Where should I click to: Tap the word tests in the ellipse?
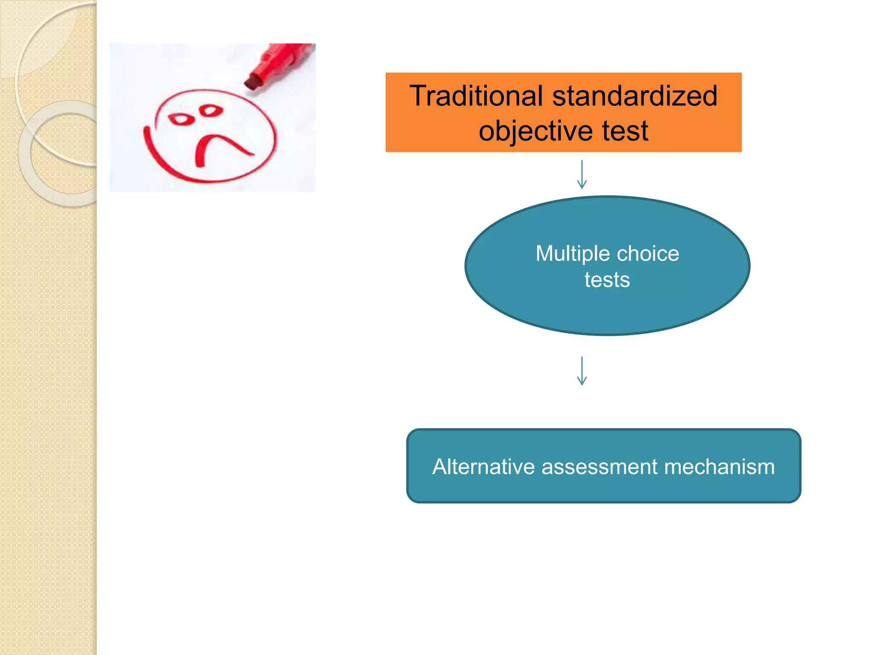click(607, 280)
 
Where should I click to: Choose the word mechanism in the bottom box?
click(719, 467)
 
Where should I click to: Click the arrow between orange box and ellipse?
click(582, 175)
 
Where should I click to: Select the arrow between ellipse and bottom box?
click(582, 371)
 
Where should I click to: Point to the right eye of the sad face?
click(211, 110)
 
